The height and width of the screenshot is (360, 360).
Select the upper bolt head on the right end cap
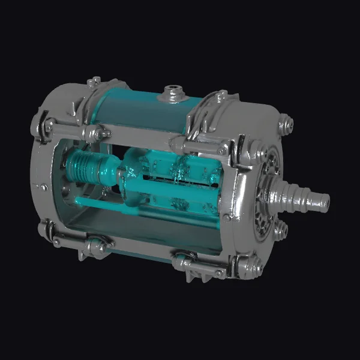[287, 125]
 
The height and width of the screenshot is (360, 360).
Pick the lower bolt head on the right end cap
[280, 230]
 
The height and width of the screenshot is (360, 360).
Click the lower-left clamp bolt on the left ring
[47, 229]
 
